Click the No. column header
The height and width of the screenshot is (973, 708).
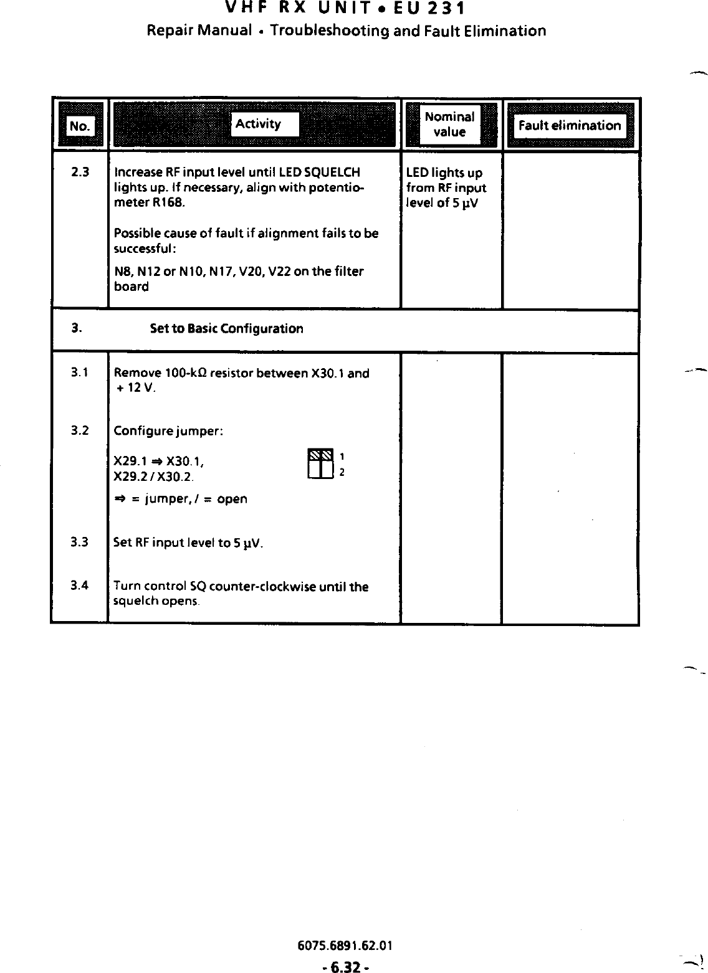(x=79, y=126)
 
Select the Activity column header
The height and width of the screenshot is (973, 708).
(x=258, y=124)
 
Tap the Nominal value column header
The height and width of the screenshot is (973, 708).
(x=449, y=124)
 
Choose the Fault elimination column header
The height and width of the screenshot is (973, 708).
(x=570, y=126)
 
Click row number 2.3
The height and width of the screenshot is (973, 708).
(x=80, y=172)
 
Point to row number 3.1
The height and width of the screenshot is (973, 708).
(x=79, y=373)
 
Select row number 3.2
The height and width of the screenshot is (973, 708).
(x=79, y=430)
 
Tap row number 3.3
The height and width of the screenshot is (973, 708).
(x=79, y=542)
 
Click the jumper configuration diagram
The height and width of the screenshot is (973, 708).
(x=321, y=463)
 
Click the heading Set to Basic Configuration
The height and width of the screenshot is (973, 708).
(x=227, y=329)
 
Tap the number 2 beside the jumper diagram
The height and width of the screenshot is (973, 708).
(x=342, y=472)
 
